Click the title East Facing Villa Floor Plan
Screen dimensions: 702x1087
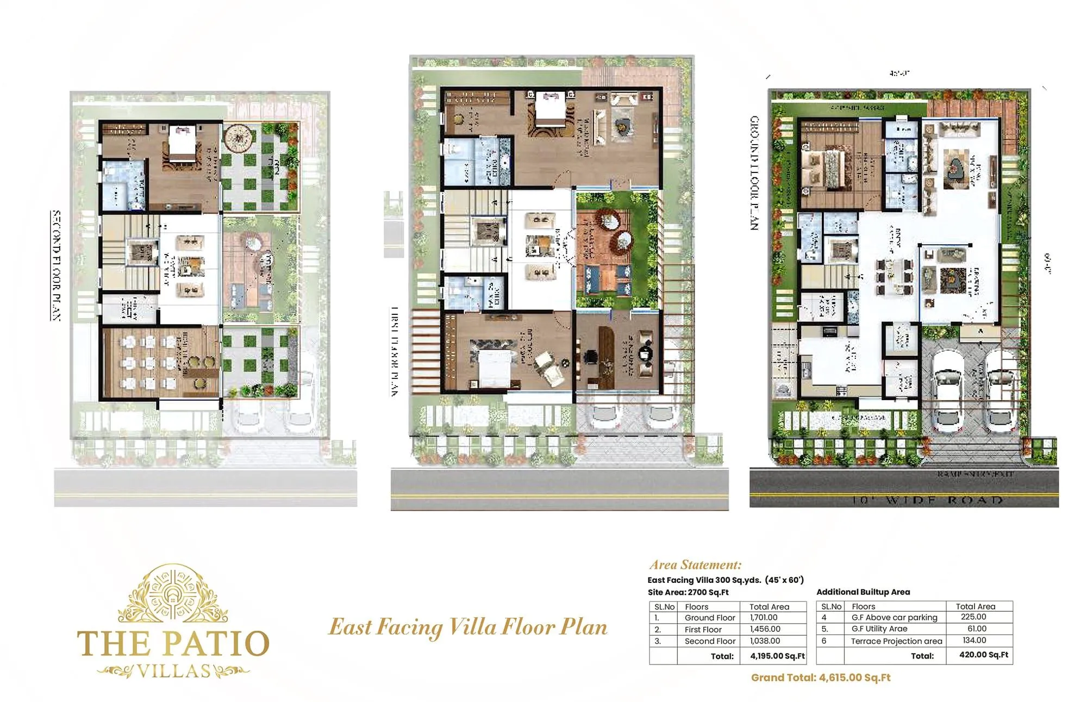(468, 627)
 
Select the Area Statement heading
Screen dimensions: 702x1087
(695, 564)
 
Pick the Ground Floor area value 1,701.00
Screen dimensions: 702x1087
(764, 618)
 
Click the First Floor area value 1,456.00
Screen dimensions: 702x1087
(765, 629)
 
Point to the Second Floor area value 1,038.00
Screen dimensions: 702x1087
(765, 641)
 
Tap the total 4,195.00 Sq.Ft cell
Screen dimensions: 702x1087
(777, 656)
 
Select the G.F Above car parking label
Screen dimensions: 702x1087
(894, 618)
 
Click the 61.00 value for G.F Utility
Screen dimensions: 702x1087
(977, 629)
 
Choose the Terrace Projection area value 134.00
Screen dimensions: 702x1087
(974, 641)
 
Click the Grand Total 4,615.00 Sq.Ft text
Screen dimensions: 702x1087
(821, 678)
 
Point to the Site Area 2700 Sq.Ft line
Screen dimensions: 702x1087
(688, 592)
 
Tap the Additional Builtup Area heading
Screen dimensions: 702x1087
(863, 592)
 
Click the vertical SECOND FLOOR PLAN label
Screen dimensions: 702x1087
(56, 265)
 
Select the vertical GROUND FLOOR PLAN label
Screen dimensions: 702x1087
(754, 172)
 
